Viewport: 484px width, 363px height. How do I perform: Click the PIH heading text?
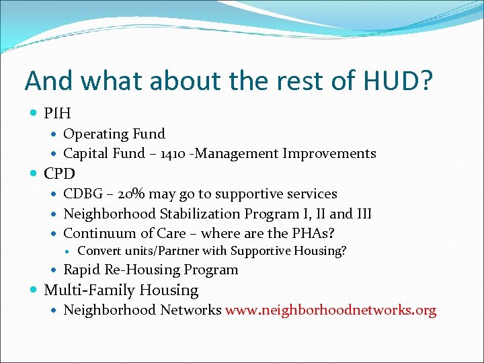[57, 113]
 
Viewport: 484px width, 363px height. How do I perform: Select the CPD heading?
[59, 173]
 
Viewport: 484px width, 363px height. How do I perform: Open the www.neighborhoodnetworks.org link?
[331, 311]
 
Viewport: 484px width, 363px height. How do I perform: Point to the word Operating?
[95, 134]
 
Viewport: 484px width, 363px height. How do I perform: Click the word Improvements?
[329, 154]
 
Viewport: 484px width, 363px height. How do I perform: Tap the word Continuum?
[95, 234]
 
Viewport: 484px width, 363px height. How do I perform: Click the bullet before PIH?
[34, 114]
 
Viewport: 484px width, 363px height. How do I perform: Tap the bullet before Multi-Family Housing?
[34, 291]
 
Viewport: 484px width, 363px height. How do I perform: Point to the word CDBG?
[82, 194]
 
